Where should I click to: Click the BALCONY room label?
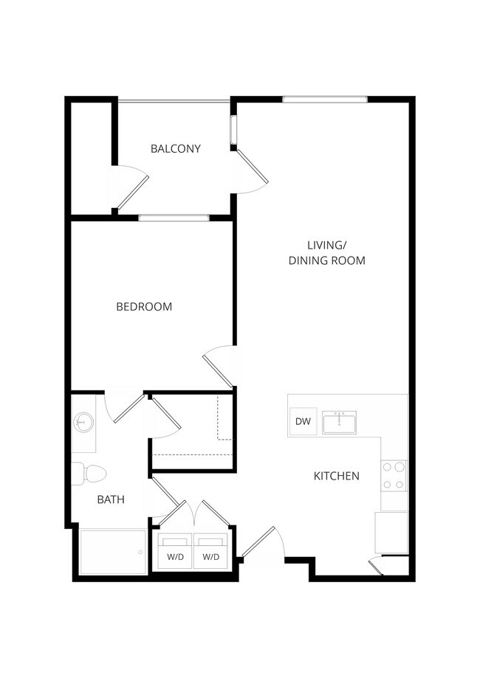pos(175,148)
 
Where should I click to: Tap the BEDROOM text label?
pos(144,306)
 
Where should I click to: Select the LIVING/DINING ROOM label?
pos(326,252)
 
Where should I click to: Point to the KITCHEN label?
pos(337,476)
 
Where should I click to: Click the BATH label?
pos(111,499)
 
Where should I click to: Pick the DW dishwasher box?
pos(303,422)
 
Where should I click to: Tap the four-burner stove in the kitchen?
pos(394,476)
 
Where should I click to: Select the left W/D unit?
pos(175,551)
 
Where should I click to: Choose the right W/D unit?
pos(211,551)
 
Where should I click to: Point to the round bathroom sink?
pos(83,423)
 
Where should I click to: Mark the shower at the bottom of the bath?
pos(112,551)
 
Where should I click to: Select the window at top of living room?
pos(324,99)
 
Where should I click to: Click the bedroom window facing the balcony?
pos(174,218)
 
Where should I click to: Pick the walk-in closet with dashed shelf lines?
pos(192,432)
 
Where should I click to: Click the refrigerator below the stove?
pos(391,532)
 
